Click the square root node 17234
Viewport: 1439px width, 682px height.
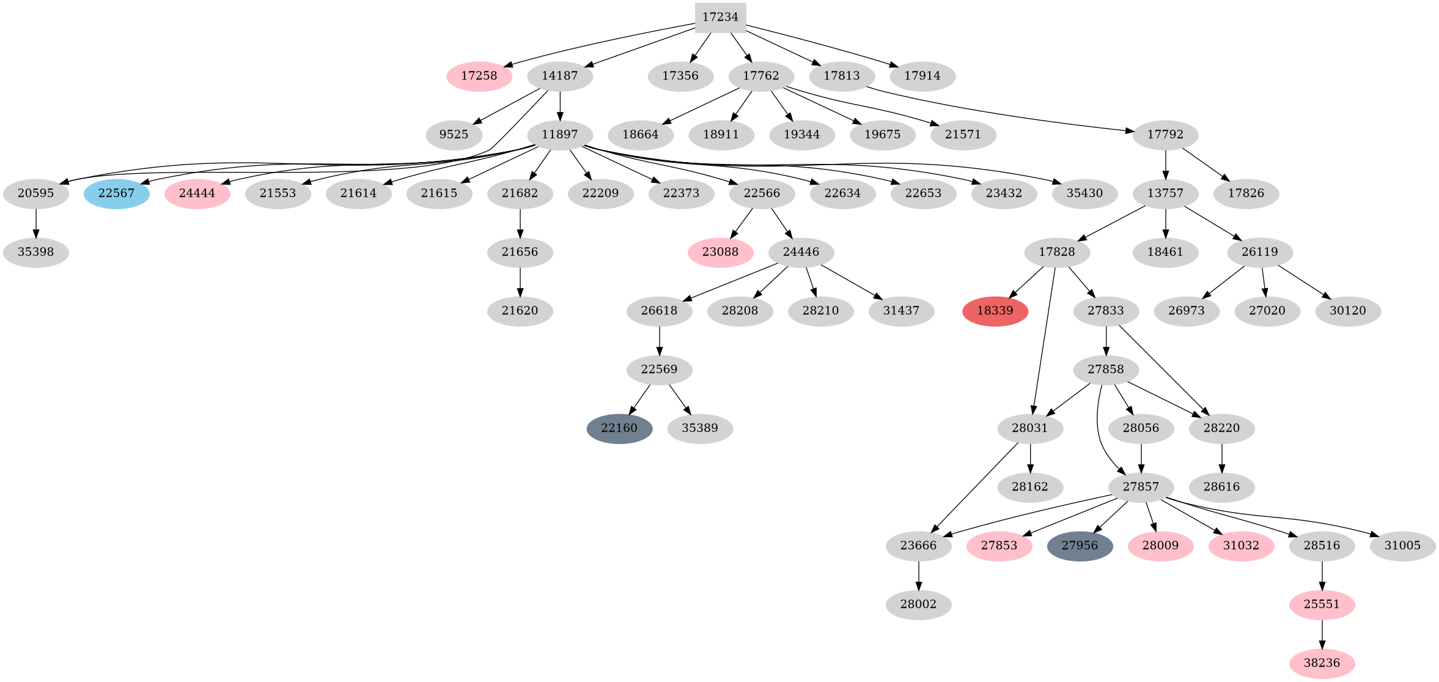coord(720,17)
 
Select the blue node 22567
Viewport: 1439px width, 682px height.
coord(116,193)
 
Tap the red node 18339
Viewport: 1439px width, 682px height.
coord(995,311)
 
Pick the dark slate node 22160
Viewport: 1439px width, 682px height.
coord(619,428)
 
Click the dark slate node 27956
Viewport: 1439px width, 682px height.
coord(1080,546)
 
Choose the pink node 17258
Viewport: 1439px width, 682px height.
coord(479,76)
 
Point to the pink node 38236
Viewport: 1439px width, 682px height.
coord(1322,663)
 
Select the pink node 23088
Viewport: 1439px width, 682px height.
coord(720,252)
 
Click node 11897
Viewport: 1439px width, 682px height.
coord(560,135)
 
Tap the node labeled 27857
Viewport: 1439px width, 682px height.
coord(1141,487)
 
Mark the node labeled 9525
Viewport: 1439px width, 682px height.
coord(454,135)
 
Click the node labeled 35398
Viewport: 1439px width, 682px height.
coord(35,252)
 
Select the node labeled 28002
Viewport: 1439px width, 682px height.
coord(918,604)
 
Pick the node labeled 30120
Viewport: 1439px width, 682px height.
coord(1347,311)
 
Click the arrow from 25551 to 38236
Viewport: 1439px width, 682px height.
coord(1322,634)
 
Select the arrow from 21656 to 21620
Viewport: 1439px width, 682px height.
coord(520,281)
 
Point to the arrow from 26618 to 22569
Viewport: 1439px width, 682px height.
coord(659,340)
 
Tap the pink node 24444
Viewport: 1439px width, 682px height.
coord(197,193)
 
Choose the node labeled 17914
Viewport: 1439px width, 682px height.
coord(922,76)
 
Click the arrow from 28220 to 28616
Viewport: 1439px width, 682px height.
coord(1221,458)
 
